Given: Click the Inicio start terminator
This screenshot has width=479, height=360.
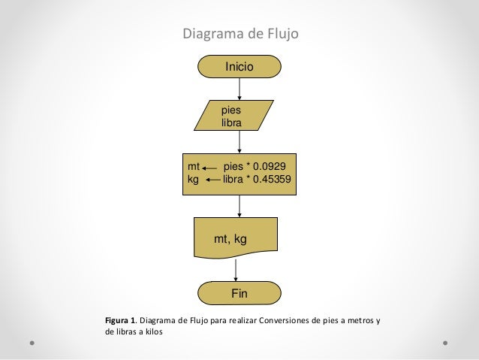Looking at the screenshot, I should pos(239,67).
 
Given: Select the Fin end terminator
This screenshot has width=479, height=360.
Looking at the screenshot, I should pos(239,292).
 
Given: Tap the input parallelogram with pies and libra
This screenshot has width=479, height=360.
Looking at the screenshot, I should pos(239,115).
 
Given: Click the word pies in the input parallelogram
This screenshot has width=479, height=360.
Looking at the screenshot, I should pos(230,110).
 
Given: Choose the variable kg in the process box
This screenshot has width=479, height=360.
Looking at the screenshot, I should pos(194,180).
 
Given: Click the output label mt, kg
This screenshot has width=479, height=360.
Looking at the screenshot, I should pos(231,239).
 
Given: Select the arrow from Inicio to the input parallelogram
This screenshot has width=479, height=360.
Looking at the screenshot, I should pos(239,87).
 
